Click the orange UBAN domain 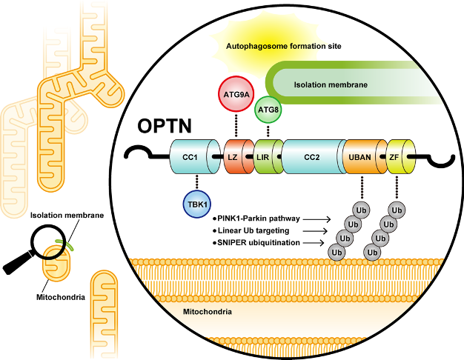tap(359, 157)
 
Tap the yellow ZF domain tap(394, 157)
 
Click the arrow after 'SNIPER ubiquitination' tap(318, 243)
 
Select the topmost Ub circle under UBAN tap(362, 210)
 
